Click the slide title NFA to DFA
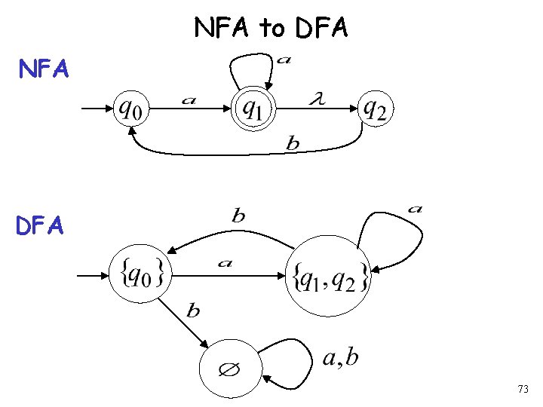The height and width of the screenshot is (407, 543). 271,28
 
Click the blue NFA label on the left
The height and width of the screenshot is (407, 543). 44,70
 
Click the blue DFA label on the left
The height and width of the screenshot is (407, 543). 44,224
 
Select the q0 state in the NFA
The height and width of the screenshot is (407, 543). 133,109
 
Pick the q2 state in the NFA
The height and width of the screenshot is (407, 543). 375,109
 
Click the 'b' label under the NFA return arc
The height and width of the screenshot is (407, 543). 293,144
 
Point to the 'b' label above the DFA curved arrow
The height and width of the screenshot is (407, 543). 238,216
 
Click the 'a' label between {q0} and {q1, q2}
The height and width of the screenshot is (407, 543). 224,264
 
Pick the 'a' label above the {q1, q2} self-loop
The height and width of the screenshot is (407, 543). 414,209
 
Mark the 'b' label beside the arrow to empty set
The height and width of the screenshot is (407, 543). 193,311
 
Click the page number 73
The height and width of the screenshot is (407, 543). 523,390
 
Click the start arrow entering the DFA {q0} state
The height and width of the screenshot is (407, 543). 94,276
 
